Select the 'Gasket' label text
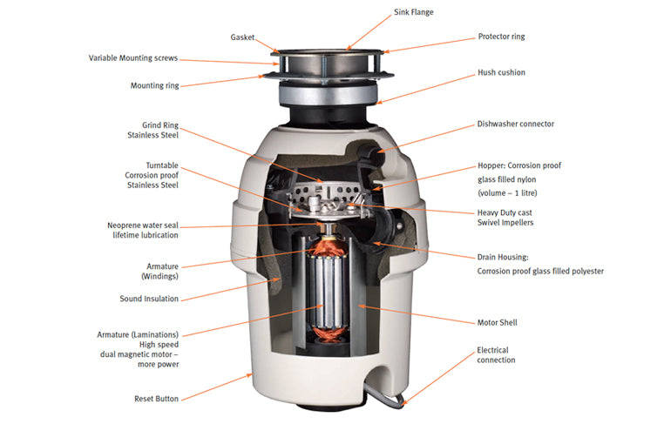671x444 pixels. coord(242,37)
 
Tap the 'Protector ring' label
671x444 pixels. coord(501,37)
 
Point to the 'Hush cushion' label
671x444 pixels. coord(501,72)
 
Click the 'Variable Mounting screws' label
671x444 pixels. coord(132,58)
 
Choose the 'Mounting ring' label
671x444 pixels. coord(154,85)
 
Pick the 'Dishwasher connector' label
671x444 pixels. coord(515,124)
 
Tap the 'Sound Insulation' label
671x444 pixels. coord(148,299)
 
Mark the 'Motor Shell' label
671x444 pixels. coord(497,322)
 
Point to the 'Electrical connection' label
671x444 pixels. coord(496,355)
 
